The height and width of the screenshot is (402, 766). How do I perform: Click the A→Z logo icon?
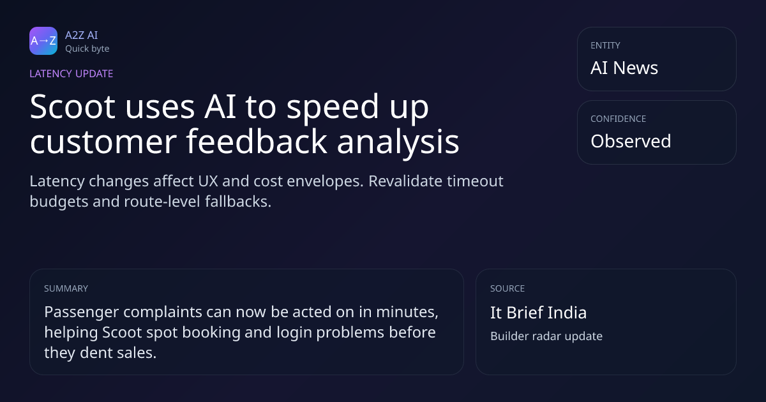click(x=43, y=41)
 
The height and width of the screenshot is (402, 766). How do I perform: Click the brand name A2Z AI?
click(x=82, y=35)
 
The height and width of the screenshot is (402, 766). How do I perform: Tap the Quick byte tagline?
click(x=87, y=49)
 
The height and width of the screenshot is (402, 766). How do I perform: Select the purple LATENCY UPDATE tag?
click(x=71, y=73)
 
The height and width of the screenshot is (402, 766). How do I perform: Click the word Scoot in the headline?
click(x=73, y=107)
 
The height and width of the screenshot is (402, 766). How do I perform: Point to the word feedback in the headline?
click(x=256, y=141)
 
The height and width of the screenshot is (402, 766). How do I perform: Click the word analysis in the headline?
click(x=398, y=142)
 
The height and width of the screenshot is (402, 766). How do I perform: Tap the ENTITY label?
click(x=605, y=45)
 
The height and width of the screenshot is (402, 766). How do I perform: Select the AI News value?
click(x=624, y=68)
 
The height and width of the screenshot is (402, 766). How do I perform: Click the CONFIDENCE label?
click(x=619, y=119)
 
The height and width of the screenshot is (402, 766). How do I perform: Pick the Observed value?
click(x=631, y=141)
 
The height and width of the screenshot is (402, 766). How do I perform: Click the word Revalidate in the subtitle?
click(x=405, y=181)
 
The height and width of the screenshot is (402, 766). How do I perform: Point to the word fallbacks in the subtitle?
click(x=238, y=202)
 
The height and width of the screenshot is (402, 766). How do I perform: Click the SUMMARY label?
click(x=66, y=288)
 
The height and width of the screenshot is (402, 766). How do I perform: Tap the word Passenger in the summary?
click(x=82, y=313)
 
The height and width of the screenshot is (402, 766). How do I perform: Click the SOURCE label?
click(x=507, y=288)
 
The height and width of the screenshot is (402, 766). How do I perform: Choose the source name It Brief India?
click(x=538, y=313)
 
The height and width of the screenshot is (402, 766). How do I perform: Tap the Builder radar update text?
click(x=546, y=336)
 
